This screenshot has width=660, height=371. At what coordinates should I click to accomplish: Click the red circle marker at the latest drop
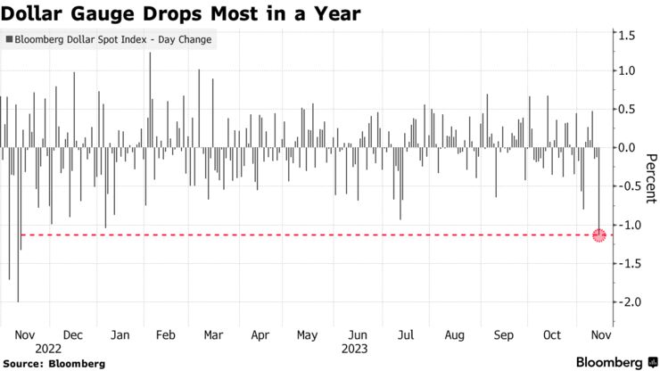(599, 235)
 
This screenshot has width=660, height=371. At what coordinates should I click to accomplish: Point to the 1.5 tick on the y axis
(626, 35)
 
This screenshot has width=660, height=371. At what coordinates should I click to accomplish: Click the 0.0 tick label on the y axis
(626, 147)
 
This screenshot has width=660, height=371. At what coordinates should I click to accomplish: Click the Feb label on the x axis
(165, 335)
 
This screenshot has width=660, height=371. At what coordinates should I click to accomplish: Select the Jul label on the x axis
(406, 335)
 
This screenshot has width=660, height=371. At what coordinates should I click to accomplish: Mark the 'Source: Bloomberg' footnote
(54, 363)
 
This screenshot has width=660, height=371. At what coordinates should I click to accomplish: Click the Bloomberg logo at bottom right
(608, 362)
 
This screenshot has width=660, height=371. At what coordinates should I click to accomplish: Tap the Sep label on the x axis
(504, 335)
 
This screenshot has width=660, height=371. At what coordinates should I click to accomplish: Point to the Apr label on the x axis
(260, 335)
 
